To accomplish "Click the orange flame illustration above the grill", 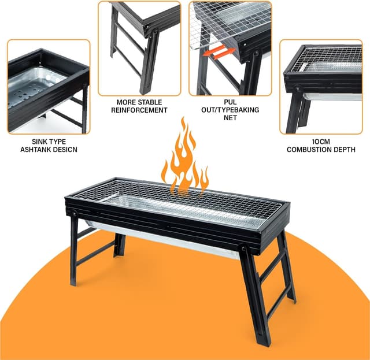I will pyautogui.click(x=184, y=159).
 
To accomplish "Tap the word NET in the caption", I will pyautogui.click(x=230, y=118).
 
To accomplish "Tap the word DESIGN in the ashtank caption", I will pyautogui.click(x=64, y=150).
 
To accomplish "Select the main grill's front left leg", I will pyautogui.click(x=74, y=248).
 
